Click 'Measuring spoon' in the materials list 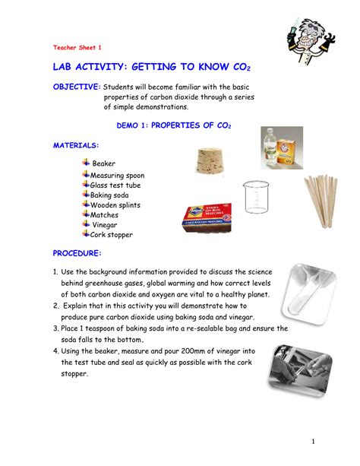pos(117,175)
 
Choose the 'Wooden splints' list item pos(115,204)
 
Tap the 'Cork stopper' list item pos(112,234)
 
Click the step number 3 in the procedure pos(55,328)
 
